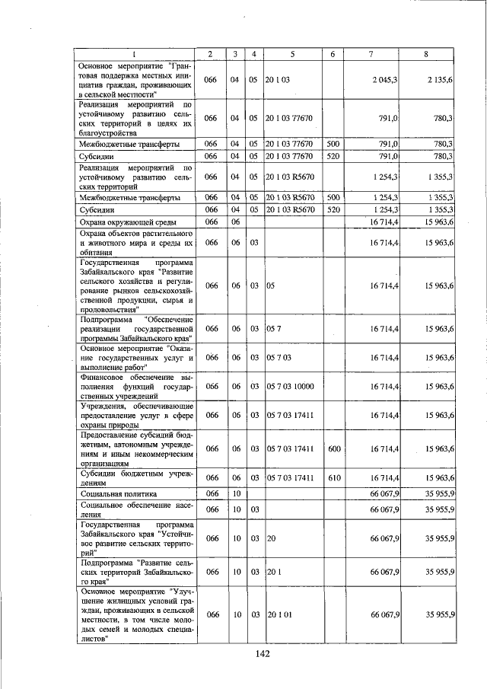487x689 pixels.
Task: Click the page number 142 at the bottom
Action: pos(263,652)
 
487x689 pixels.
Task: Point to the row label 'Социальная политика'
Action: pos(118,493)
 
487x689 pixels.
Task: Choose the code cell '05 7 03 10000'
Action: pos(290,387)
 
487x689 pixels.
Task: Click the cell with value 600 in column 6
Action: pos(333,449)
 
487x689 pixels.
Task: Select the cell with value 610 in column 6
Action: pos(333,477)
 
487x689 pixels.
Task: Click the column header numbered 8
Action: pos(428,53)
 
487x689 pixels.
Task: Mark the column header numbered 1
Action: pos(135,53)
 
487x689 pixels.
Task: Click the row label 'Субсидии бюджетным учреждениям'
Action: pos(135,477)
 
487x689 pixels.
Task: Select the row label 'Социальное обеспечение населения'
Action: pos(135,508)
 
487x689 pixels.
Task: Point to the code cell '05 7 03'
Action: pos(279,356)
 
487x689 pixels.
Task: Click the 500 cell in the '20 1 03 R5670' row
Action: pos(333,197)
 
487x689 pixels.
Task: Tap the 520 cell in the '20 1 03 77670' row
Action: pos(333,155)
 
